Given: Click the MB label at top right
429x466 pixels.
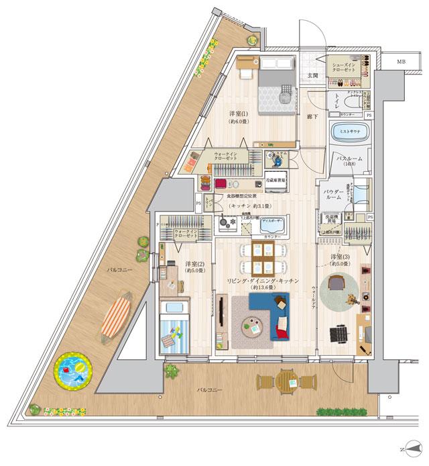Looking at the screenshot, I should point(401,62).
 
